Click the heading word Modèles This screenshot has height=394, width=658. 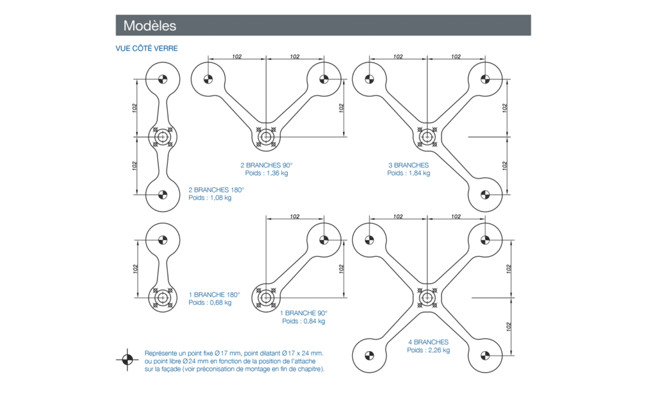pyautogui.click(x=150, y=26)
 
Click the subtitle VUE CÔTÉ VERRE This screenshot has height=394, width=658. pyautogui.click(x=147, y=48)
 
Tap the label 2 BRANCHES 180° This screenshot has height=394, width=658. pyautogui.click(x=217, y=190)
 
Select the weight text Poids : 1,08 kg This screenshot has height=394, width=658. pyautogui.click(x=210, y=198)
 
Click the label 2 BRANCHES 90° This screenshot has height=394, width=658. pyautogui.click(x=267, y=165)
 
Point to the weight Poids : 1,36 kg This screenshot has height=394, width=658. pyautogui.click(x=267, y=173)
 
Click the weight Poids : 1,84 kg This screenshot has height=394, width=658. pyautogui.click(x=409, y=173)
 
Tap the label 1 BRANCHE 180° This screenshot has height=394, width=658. pyautogui.click(x=214, y=295)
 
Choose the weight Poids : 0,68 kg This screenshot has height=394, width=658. pyautogui.click(x=210, y=303)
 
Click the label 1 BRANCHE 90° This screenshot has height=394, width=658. pyautogui.click(x=304, y=313)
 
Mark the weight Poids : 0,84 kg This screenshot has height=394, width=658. pyautogui.click(x=304, y=321)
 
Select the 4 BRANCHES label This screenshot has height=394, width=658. pyautogui.click(x=428, y=342)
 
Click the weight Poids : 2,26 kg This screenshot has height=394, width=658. pyautogui.click(x=429, y=350)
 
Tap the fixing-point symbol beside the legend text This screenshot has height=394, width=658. pyautogui.click(x=127, y=359)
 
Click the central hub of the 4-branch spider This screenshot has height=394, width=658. pyautogui.click(x=427, y=297)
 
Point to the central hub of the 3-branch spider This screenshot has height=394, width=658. pyautogui.click(x=427, y=137)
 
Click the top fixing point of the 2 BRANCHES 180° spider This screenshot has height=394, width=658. pyautogui.click(x=161, y=80)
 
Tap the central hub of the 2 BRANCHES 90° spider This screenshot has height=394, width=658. pyautogui.click(x=265, y=137)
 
